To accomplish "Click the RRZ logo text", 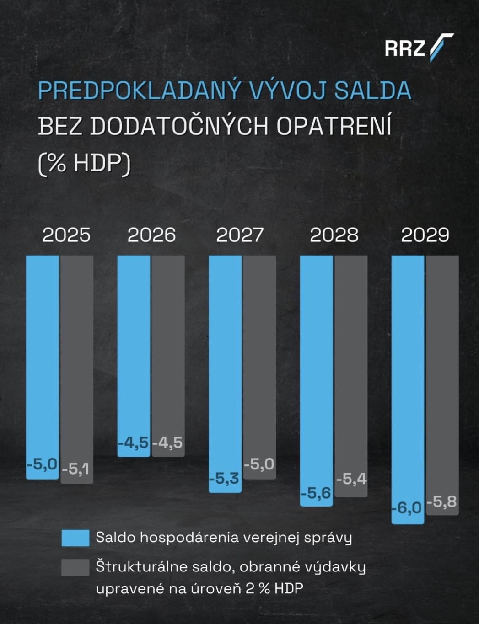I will [x=405, y=48].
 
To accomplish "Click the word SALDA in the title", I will [x=372, y=90].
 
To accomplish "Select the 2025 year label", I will [x=66, y=235].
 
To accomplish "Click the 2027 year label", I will [x=240, y=235].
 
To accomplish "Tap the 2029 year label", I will [x=425, y=235].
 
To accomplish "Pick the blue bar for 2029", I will [x=408, y=375].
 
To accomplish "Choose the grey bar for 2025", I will [x=77, y=357].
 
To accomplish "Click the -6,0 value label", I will [x=407, y=507].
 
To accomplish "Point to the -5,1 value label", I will [x=76, y=469].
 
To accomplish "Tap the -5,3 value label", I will [x=224, y=479].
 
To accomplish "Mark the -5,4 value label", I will [x=351, y=479].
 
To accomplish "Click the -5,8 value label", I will [x=442, y=501].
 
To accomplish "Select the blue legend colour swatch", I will [x=75, y=538].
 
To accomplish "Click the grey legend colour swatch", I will [x=75, y=567].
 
